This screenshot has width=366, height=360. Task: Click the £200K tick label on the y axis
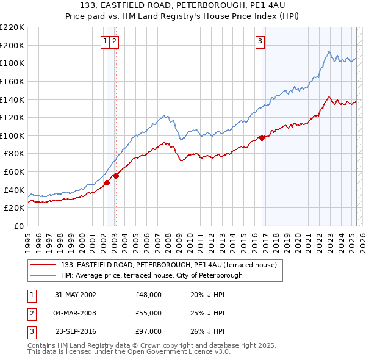[x=13, y=45]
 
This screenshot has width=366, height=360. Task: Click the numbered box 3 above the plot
[x=260, y=41]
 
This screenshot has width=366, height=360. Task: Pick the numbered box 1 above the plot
[x=106, y=41]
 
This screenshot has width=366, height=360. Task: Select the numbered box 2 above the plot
[x=115, y=41]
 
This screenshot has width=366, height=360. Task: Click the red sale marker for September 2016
[x=262, y=138]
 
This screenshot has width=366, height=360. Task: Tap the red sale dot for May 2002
[x=107, y=182]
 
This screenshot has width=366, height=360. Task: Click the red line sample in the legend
[x=42, y=265]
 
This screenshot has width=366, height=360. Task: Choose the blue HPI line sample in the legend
[x=42, y=275]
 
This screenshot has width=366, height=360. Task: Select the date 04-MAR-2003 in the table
[x=76, y=312]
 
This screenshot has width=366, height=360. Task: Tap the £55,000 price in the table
[x=149, y=312]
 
